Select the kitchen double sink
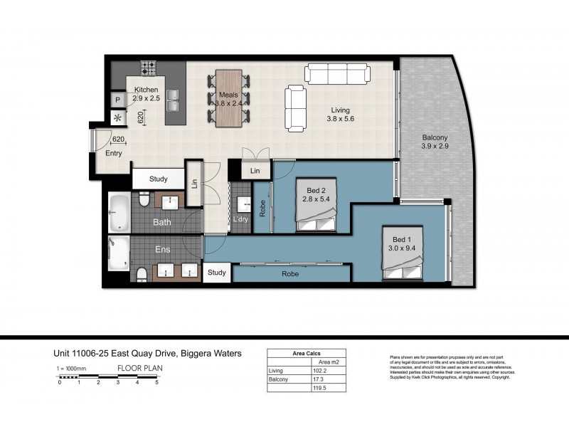click(172, 105)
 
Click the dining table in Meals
click(228, 98)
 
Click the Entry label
click(114, 153)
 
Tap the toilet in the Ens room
click(141, 273)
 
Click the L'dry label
click(240, 218)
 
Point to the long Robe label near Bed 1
click(289, 273)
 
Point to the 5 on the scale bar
click(156, 383)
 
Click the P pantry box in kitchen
click(116, 100)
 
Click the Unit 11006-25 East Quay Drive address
click(148, 353)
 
